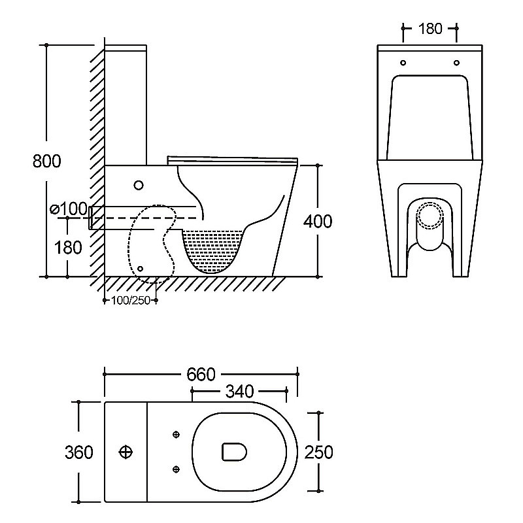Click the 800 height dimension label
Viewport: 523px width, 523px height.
[x=47, y=161]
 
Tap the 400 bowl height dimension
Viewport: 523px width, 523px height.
[x=318, y=221]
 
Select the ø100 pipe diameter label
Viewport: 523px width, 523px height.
[x=69, y=209]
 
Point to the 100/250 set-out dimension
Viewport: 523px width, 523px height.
[x=131, y=301]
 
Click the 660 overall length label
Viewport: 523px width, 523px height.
[x=201, y=374]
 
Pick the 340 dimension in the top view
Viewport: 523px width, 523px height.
[x=239, y=391]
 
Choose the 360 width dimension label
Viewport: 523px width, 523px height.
[x=79, y=452]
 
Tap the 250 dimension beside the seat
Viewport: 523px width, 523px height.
[x=318, y=452]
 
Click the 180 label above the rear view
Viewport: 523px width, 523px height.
[x=430, y=29]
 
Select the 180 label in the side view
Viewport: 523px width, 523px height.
[x=68, y=248]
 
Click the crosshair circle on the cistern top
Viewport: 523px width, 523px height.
[x=126, y=452]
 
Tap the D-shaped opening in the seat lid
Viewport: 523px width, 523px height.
[x=235, y=452]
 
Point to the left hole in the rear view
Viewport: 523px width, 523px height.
[x=403, y=63]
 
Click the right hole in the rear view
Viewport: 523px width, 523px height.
[x=456, y=63]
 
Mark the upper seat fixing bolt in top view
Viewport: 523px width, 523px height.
[x=177, y=434]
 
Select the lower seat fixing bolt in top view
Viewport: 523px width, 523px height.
[x=177, y=469]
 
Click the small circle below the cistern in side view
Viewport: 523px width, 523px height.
[x=139, y=185]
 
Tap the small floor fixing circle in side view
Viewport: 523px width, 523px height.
[x=140, y=269]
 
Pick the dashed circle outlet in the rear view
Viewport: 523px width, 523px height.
[x=430, y=216]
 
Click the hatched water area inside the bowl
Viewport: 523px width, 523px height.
[x=212, y=250]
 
